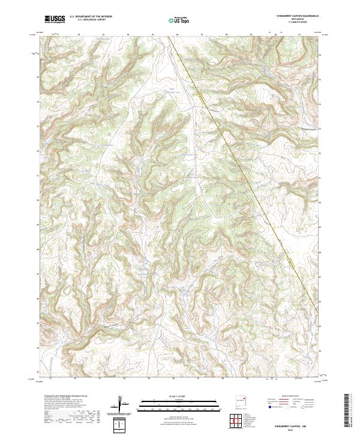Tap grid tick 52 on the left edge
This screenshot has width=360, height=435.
pos(40,151)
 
